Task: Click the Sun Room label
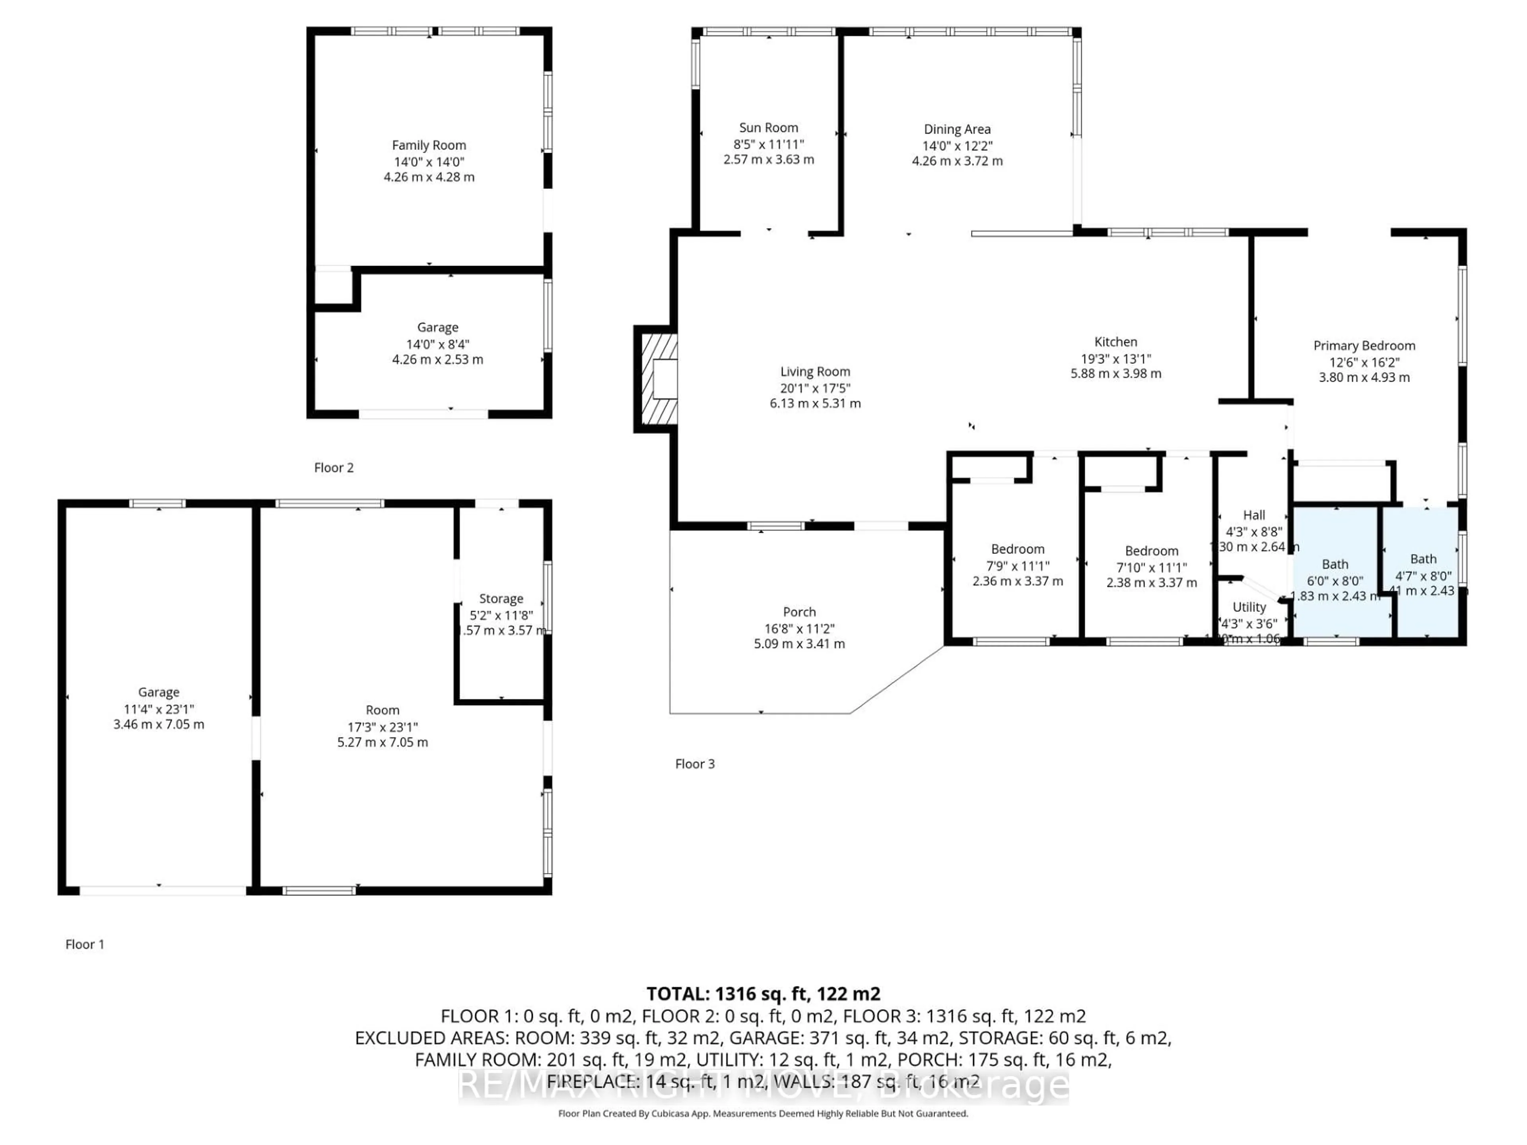click(x=768, y=128)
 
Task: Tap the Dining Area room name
click(x=957, y=129)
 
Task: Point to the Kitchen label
click(x=1115, y=342)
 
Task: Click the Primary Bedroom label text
click(x=1364, y=346)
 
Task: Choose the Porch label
click(x=799, y=612)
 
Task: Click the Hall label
click(x=1254, y=515)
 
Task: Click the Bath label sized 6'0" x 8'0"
click(x=1335, y=565)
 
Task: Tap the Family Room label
click(x=429, y=145)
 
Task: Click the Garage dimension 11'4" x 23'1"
click(x=158, y=709)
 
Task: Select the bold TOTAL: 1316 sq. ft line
click(x=763, y=994)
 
